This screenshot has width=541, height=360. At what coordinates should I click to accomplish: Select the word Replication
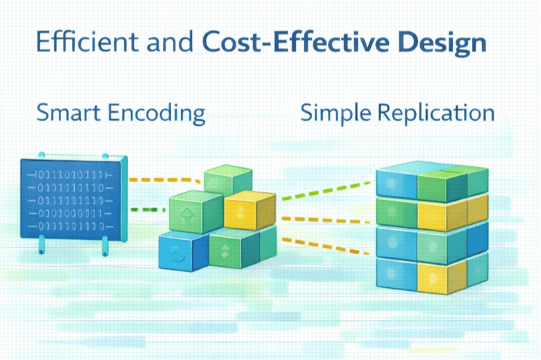(x=436, y=114)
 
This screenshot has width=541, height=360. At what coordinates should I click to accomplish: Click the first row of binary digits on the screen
(x=70, y=175)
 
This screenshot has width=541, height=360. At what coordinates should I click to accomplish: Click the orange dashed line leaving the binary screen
(x=164, y=179)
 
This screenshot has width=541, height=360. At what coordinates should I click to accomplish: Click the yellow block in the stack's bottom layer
(x=435, y=274)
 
